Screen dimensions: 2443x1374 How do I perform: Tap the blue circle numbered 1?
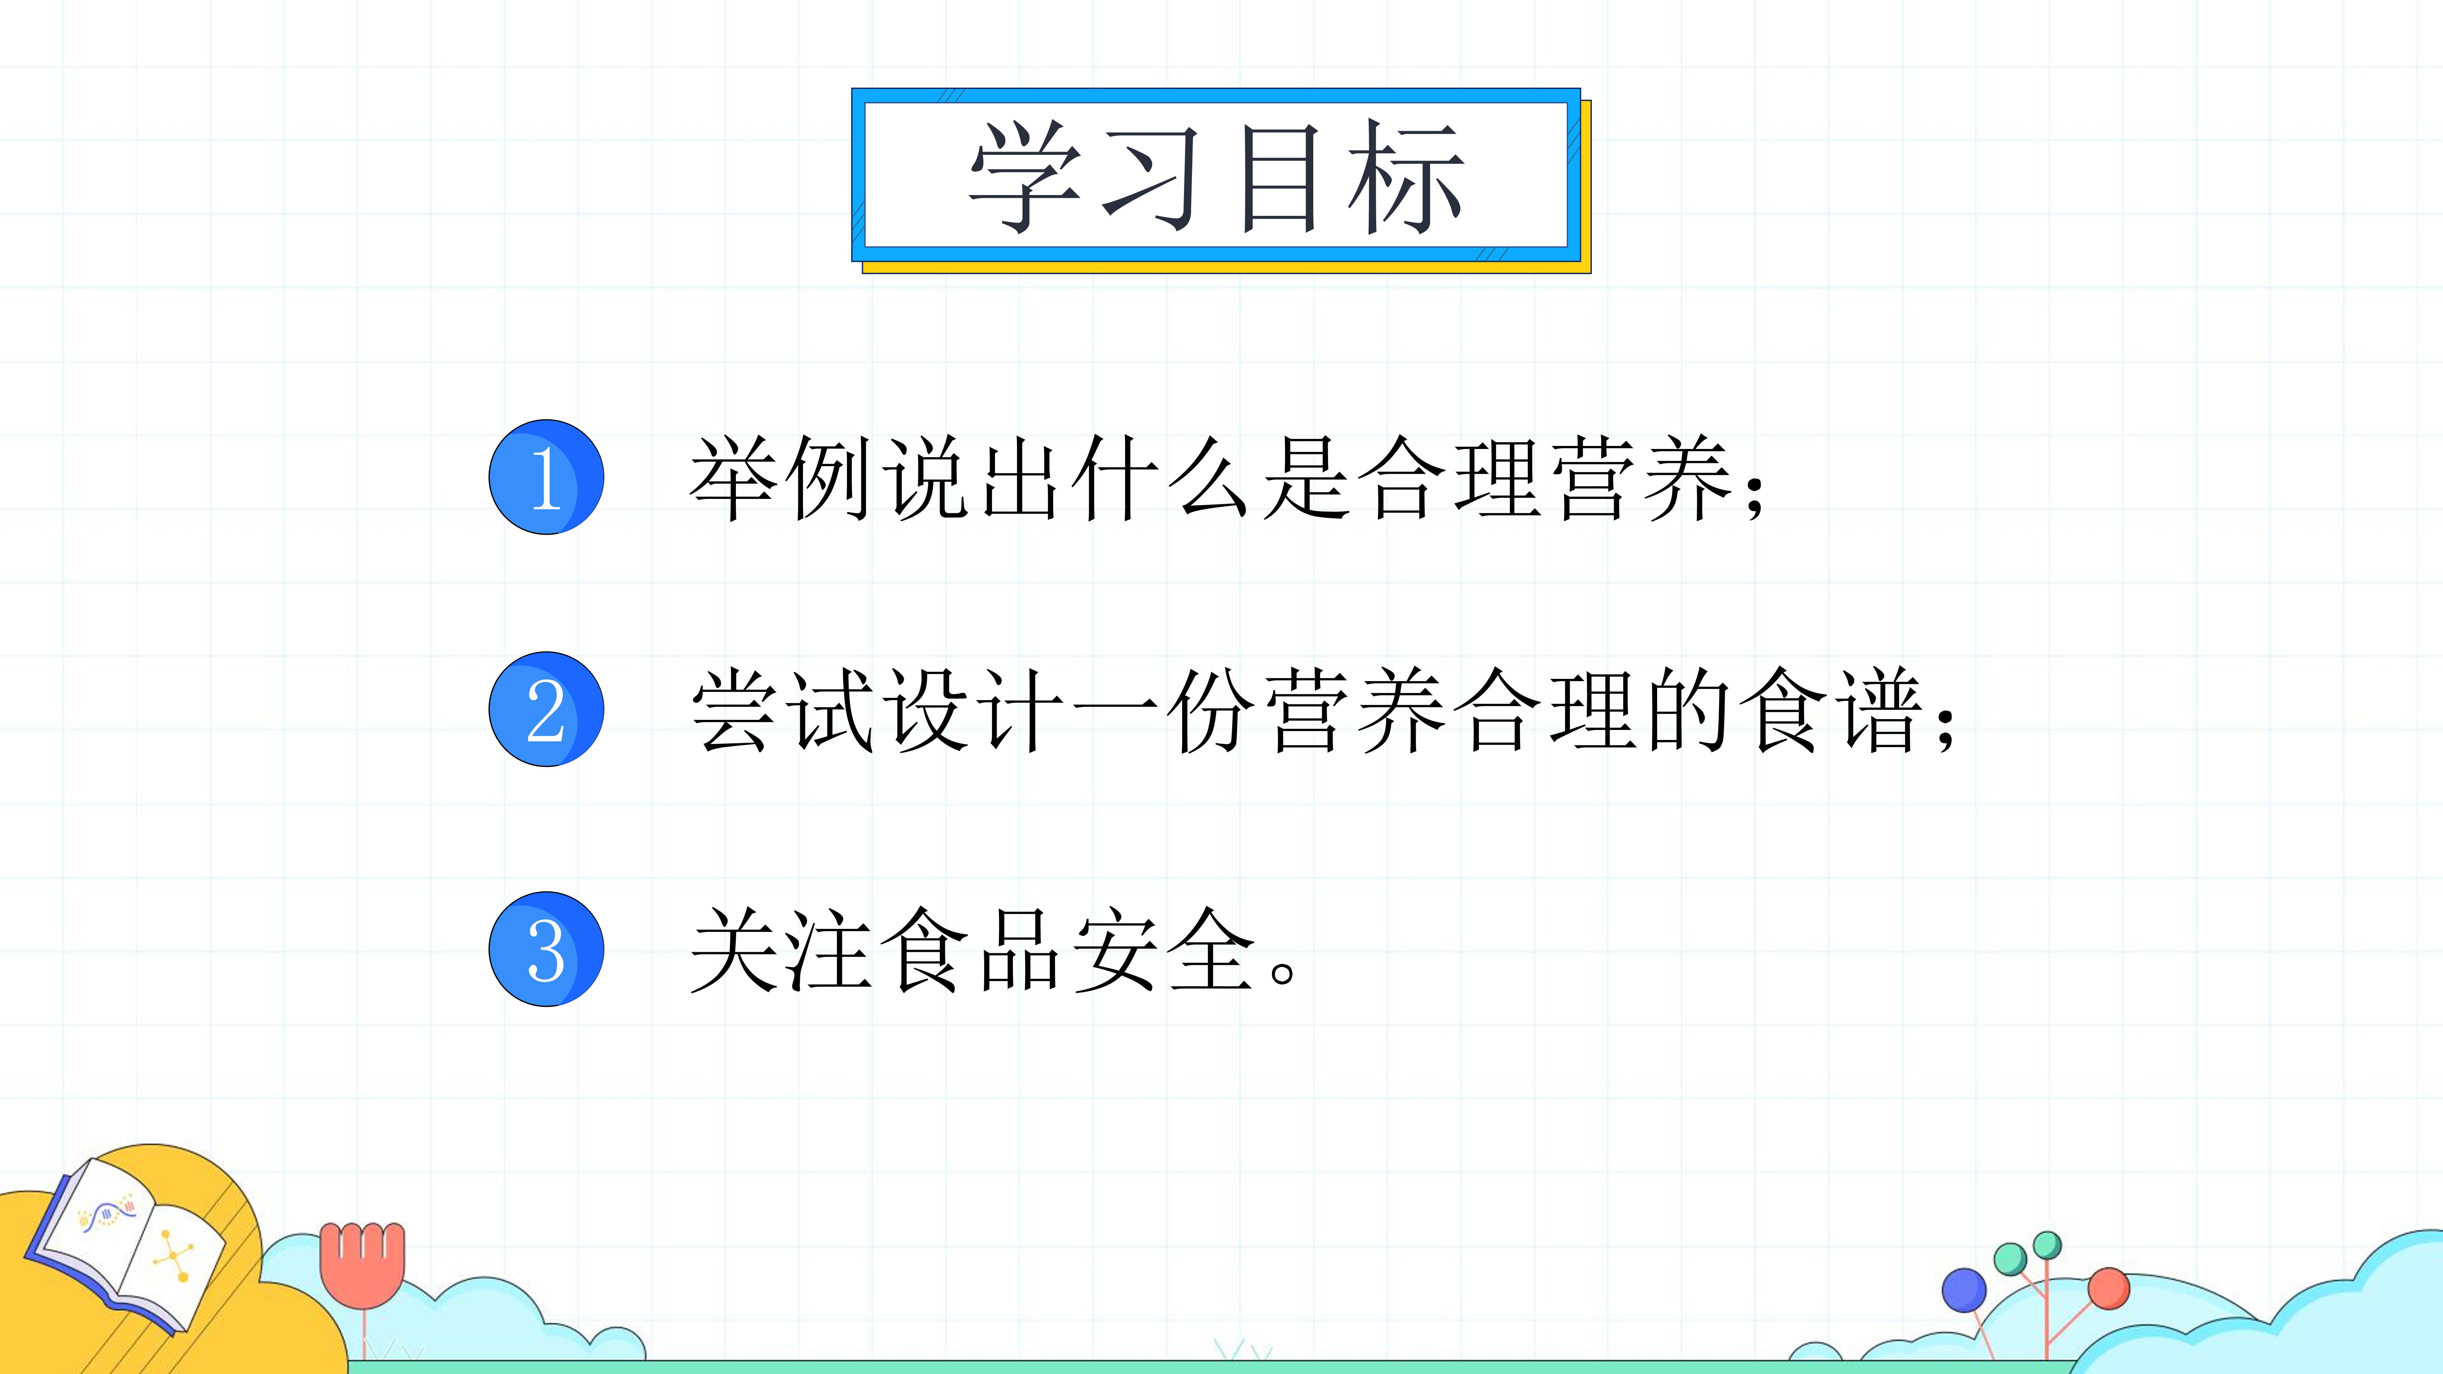tap(546, 477)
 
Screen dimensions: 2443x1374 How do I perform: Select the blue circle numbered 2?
tap(546, 709)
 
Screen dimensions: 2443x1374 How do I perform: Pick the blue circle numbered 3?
tap(546, 949)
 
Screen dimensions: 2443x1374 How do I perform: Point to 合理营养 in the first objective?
tap(1546, 478)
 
